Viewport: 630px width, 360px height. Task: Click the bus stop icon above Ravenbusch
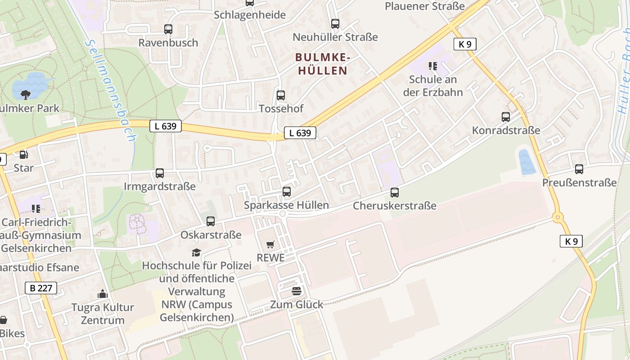(x=168, y=29)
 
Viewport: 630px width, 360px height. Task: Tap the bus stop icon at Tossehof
(x=281, y=95)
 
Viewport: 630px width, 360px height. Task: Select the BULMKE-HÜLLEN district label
(x=322, y=64)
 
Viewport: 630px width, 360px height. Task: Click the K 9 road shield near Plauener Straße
(x=465, y=44)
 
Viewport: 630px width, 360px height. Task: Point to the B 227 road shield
(x=41, y=288)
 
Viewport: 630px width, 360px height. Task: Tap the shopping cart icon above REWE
(x=270, y=244)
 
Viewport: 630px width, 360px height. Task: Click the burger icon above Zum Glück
(x=296, y=291)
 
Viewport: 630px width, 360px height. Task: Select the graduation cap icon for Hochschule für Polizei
(x=196, y=252)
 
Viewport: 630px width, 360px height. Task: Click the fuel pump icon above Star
(x=23, y=155)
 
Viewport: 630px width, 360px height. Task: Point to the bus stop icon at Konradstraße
(x=506, y=117)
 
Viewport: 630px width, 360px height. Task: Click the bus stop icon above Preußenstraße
(x=579, y=169)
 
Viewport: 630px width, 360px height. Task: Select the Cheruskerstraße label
(x=395, y=206)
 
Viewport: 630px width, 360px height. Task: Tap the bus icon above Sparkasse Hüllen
(x=287, y=192)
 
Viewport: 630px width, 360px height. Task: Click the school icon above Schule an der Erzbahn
(x=433, y=67)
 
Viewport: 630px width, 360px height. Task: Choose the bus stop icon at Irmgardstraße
(x=160, y=173)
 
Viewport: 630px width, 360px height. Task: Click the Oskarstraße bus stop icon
(x=211, y=221)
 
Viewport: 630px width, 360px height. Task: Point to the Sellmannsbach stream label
(x=110, y=90)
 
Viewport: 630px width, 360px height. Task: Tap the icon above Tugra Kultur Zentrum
(x=103, y=294)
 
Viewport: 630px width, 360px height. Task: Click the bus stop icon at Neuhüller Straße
(x=335, y=24)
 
